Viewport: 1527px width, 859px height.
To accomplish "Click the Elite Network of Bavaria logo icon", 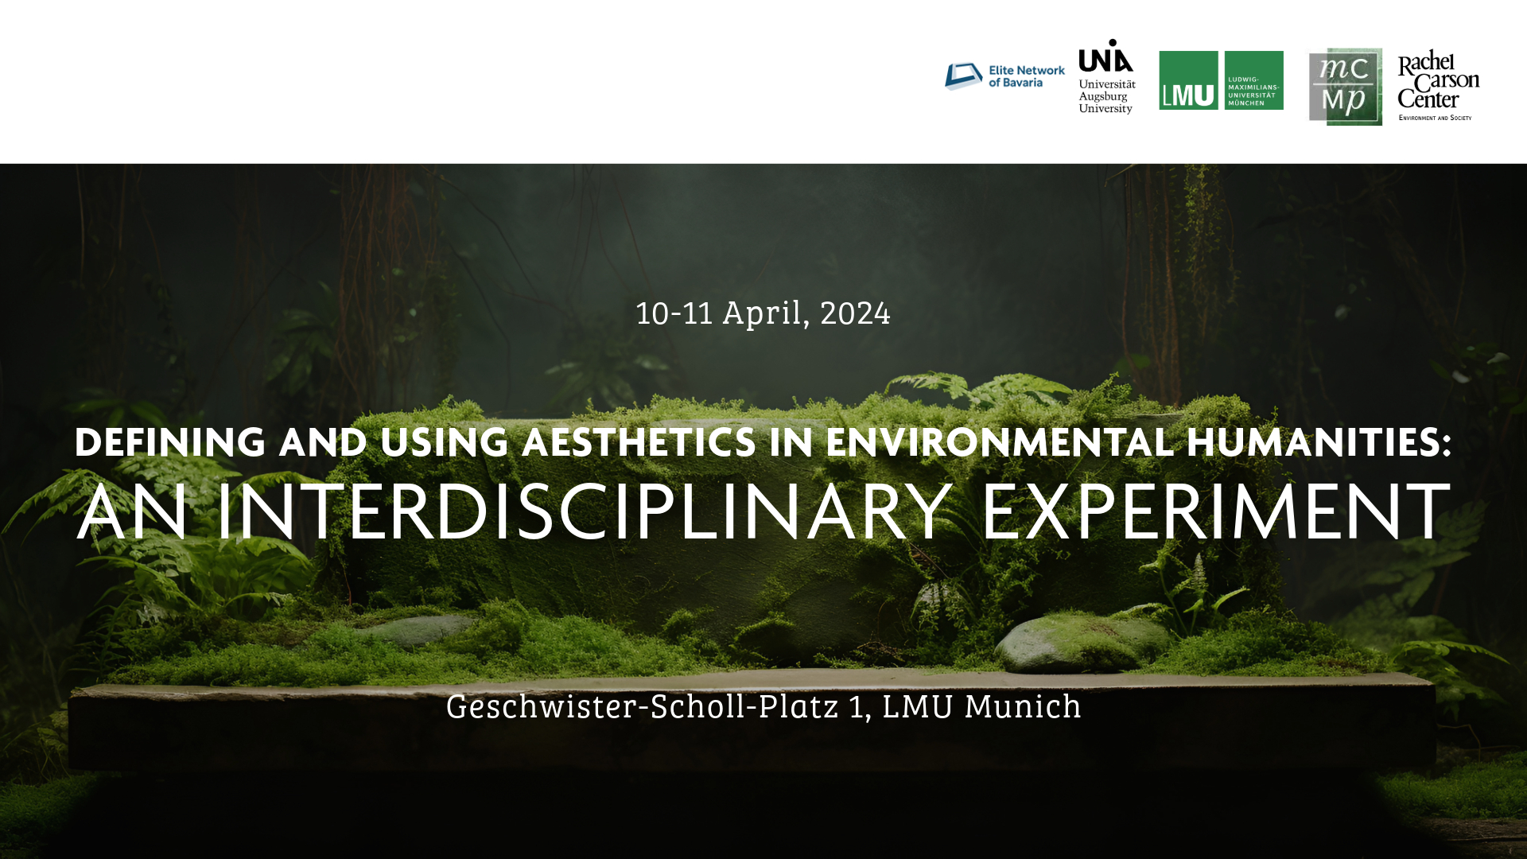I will click(963, 76).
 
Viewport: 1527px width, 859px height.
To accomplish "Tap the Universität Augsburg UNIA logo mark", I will click(1105, 56).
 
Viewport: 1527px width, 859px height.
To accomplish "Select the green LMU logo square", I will click(1188, 81).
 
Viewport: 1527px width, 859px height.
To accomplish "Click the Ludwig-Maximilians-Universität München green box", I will click(1253, 81).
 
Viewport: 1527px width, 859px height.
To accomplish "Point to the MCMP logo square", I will click(1345, 87).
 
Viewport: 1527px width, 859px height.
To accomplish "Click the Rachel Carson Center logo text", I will click(1437, 80).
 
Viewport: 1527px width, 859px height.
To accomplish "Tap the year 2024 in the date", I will click(855, 313).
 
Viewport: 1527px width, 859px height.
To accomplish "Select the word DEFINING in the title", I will click(170, 443).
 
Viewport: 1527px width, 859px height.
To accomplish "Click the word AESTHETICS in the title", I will click(639, 443).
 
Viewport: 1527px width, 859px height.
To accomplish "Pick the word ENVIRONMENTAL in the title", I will click(1000, 443).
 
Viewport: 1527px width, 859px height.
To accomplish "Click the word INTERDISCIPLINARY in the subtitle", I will click(585, 512).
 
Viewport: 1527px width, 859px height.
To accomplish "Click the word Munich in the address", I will click(1023, 707).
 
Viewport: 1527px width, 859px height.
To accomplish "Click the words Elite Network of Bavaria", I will click(1026, 76).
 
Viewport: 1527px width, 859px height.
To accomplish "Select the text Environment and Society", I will click(1435, 118).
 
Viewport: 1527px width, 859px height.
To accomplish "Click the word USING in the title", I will click(444, 443).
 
